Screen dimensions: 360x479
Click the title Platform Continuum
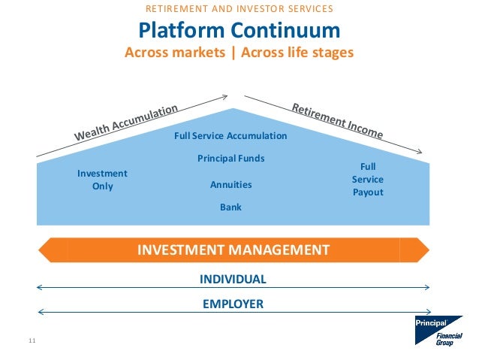click(x=239, y=31)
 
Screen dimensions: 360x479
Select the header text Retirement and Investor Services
click(x=239, y=10)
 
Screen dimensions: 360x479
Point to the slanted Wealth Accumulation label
click(x=126, y=122)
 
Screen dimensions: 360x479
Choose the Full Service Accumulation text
click(x=230, y=136)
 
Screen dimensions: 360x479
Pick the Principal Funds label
click(x=230, y=159)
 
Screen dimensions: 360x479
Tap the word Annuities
click(x=230, y=185)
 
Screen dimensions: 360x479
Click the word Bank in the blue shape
click(x=230, y=207)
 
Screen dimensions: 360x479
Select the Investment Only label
click(x=102, y=180)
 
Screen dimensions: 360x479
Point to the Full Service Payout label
click(x=368, y=180)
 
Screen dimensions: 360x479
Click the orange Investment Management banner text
click(x=233, y=250)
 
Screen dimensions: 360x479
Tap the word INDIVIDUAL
click(x=233, y=280)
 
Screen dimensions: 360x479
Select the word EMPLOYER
click(x=233, y=304)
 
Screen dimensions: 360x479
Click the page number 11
click(x=32, y=342)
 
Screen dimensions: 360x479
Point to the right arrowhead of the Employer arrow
click(x=427, y=312)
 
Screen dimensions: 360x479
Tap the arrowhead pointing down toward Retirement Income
click(x=428, y=157)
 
